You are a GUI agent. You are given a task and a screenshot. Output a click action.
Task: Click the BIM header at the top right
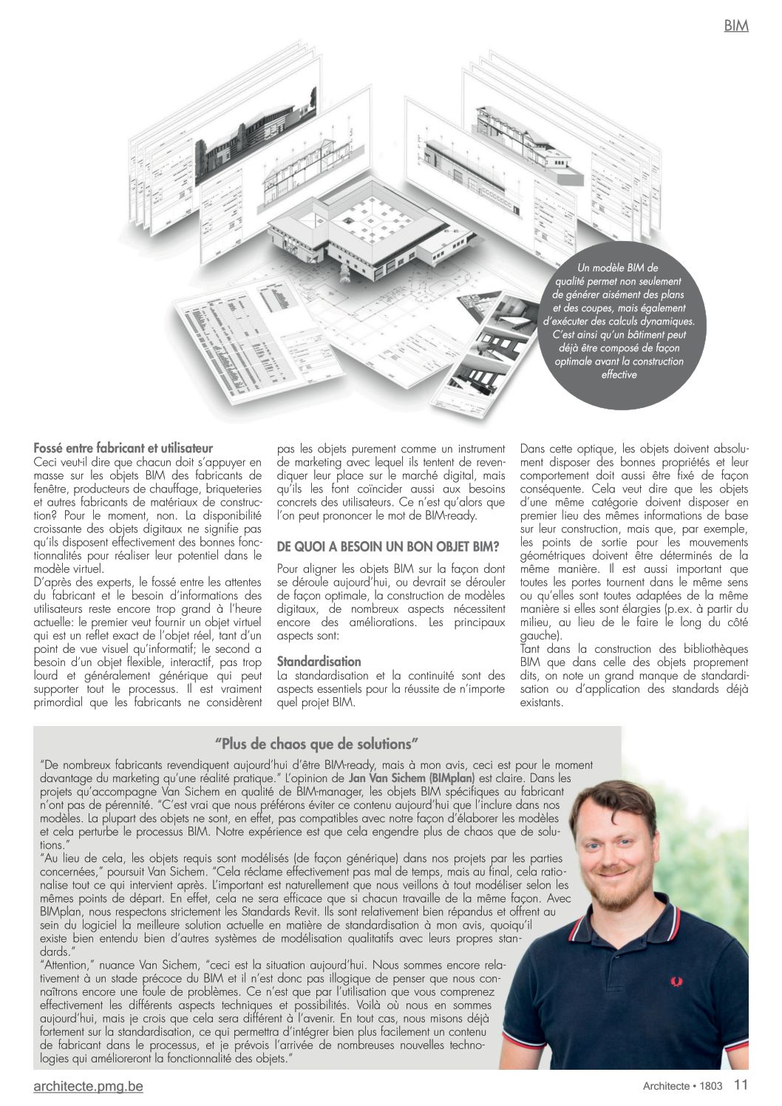[735, 26]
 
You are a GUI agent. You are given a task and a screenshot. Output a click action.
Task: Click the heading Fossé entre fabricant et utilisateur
[123, 448]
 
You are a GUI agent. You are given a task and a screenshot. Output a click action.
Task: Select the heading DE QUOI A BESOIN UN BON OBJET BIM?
[387, 547]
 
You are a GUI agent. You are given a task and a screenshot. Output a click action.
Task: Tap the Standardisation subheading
[319, 662]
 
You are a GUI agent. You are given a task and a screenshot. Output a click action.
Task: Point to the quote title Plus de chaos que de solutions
[317, 744]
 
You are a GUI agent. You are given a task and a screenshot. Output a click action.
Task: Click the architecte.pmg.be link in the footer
[88, 1086]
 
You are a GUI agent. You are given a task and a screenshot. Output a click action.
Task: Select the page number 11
[741, 1085]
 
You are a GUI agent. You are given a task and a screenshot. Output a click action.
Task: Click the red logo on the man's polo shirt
[676, 981]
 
